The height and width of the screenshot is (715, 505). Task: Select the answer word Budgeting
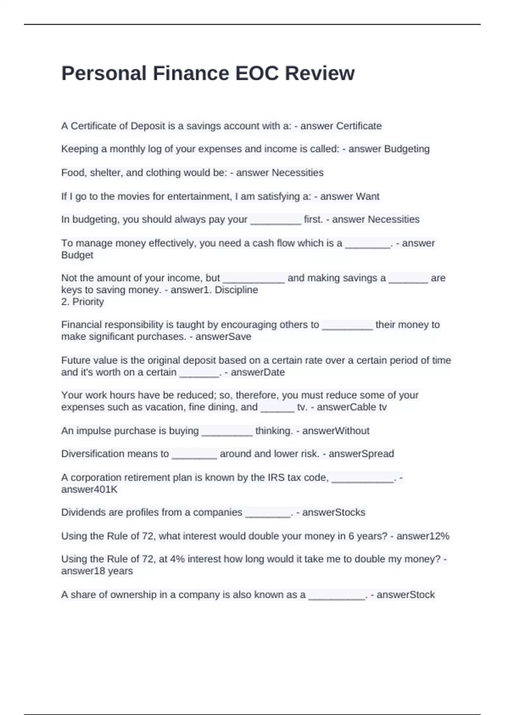pyautogui.click(x=407, y=149)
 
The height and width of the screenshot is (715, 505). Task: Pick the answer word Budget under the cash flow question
pyautogui.click(x=77, y=255)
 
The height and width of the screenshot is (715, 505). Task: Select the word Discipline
pyautogui.click(x=236, y=290)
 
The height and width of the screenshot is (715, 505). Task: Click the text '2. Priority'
pyautogui.click(x=82, y=302)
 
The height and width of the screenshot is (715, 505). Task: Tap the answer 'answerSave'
pyautogui.click(x=223, y=336)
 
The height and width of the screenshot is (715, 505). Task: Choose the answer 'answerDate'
pyautogui.click(x=258, y=372)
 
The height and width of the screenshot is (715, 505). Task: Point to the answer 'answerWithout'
pyautogui.click(x=335, y=431)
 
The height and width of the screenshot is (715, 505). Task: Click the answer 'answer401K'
pyautogui.click(x=89, y=489)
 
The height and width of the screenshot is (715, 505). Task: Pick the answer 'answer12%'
pyautogui.click(x=423, y=536)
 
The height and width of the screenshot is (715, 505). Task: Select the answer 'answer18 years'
pyautogui.click(x=97, y=571)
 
